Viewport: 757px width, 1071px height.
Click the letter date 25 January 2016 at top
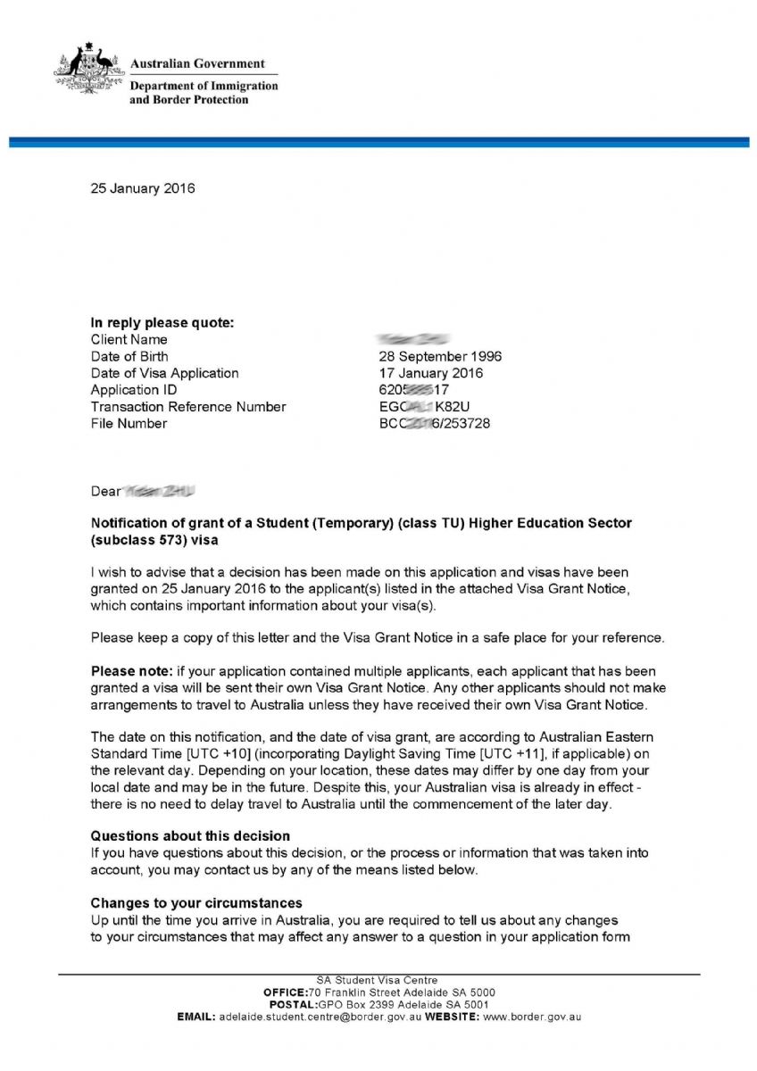point(143,189)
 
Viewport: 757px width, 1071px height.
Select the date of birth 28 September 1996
point(440,356)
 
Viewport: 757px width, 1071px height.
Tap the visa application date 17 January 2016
point(431,373)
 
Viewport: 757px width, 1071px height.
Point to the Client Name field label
point(129,340)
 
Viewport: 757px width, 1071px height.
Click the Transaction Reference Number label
point(188,407)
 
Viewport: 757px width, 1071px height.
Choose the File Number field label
point(129,424)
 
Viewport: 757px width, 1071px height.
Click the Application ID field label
point(134,390)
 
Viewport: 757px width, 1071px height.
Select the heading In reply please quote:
point(162,323)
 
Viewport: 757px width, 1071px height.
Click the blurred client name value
point(412,339)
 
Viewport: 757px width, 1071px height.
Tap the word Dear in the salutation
point(105,492)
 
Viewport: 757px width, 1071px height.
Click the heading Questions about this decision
point(190,836)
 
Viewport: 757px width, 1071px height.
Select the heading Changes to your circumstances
point(196,903)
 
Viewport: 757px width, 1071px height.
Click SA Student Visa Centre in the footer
point(378,981)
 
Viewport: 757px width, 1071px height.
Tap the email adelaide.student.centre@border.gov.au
point(320,1017)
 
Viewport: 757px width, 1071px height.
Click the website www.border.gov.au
point(532,1017)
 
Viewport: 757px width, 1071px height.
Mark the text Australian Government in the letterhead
point(197,64)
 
